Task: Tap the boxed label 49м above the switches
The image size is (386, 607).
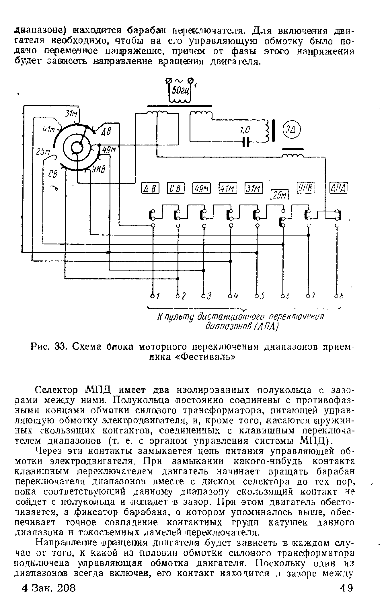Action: click(x=202, y=188)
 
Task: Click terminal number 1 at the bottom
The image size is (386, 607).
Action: click(x=153, y=295)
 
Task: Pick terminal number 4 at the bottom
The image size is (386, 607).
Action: click(x=230, y=295)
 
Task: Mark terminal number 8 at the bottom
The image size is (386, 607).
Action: click(x=337, y=295)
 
